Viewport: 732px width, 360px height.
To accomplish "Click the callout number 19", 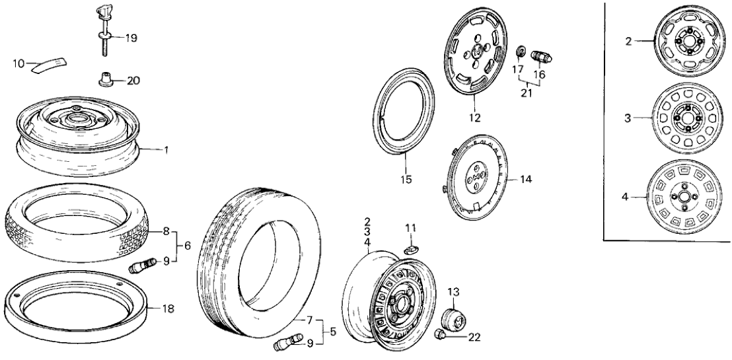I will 131,38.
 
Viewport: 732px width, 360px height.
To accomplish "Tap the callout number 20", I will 132,81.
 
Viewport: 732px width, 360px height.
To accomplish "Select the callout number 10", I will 19,63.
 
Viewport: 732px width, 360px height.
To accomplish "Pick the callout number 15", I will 406,178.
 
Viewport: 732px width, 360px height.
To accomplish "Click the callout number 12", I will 474,118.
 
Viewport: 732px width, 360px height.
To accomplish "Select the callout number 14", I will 525,179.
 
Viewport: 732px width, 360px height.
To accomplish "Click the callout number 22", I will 474,338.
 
